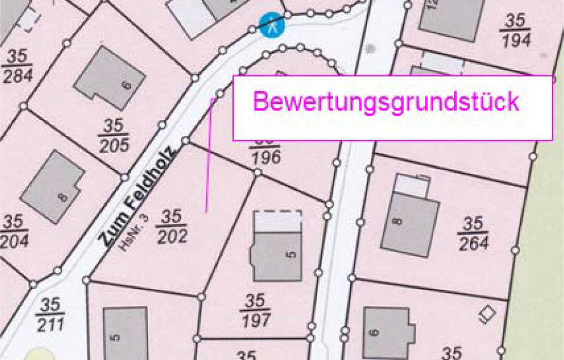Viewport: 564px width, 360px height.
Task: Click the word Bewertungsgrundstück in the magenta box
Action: (386, 102)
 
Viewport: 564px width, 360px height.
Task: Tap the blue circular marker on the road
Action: (272, 26)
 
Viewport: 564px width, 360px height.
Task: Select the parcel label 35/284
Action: (17, 65)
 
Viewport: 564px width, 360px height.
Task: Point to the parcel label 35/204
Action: (13, 231)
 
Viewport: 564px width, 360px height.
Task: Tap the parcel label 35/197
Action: (255, 310)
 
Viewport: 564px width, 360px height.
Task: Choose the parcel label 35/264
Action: (473, 233)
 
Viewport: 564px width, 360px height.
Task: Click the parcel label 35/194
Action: (515, 30)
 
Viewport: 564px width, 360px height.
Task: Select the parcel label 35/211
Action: (50, 314)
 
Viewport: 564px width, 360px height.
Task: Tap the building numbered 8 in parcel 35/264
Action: (410, 223)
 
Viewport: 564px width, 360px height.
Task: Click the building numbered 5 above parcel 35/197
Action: (277, 254)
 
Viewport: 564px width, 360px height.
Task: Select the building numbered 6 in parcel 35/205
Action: (109, 78)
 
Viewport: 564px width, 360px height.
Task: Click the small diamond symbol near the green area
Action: (487, 313)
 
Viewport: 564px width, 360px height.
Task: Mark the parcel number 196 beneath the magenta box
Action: (265, 157)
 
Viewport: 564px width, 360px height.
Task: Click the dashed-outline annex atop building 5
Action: (277, 221)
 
